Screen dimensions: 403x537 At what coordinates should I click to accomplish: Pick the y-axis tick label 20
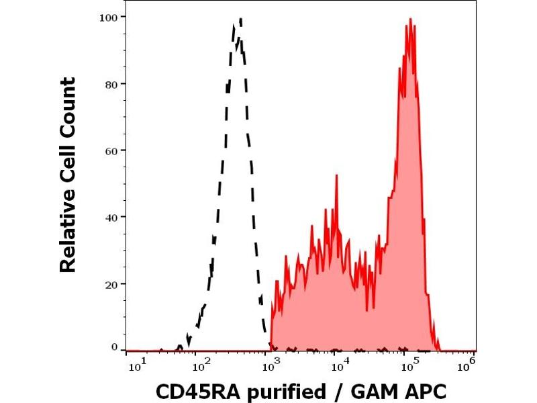111,283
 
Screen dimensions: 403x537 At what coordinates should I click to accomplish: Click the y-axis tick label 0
114,347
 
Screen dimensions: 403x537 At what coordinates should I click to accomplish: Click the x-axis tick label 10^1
136,363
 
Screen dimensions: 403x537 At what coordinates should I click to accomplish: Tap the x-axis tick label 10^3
271,363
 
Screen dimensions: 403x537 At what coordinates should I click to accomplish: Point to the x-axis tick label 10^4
341,363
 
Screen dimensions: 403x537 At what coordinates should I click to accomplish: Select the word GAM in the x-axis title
369,390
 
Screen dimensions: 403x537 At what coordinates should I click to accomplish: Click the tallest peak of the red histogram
409,20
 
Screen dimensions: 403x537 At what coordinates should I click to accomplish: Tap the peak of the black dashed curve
239,20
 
